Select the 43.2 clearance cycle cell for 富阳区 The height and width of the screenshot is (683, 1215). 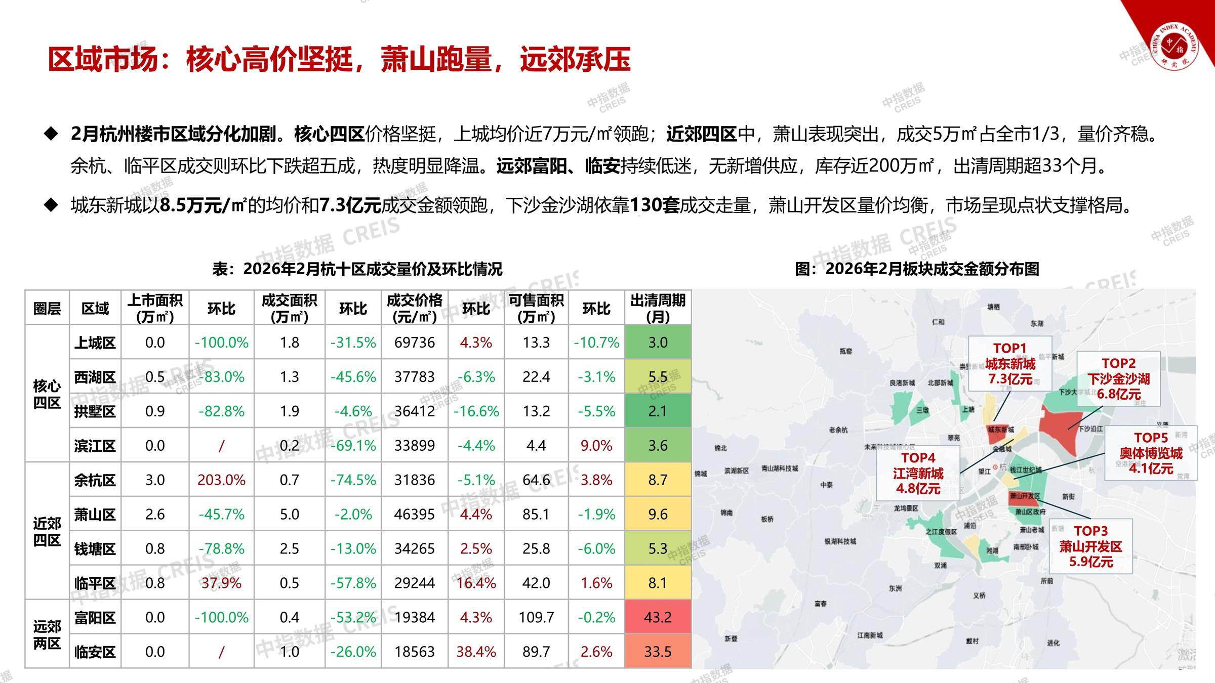pos(658,617)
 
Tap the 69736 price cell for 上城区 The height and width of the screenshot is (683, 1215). pos(414,343)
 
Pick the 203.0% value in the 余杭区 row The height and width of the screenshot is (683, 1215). pos(221,480)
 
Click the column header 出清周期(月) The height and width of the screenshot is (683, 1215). pos(658,308)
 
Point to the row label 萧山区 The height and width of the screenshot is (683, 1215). pos(95,515)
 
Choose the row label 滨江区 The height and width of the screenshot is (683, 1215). pos(95,446)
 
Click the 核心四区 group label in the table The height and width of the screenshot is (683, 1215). pos(47,394)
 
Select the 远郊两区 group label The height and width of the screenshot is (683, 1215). pos(47,635)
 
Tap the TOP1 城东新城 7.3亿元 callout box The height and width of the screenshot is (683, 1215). pos(1009,364)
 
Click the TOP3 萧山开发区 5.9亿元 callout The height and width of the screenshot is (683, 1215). pos(1090,546)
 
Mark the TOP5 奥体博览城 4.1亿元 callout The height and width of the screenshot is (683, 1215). pos(1150,453)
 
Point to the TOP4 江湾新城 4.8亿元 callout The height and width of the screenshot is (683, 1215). pos(918,474)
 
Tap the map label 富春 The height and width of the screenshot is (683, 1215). pos(821,604)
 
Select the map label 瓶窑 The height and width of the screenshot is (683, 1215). pos(846,351)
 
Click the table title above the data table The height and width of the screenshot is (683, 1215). pos(357,269)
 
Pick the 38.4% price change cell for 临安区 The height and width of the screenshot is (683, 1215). pos(476,652)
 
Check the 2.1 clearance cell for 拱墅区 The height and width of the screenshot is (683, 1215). pos(658,411)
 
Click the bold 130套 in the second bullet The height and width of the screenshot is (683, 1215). pos(654,205)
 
